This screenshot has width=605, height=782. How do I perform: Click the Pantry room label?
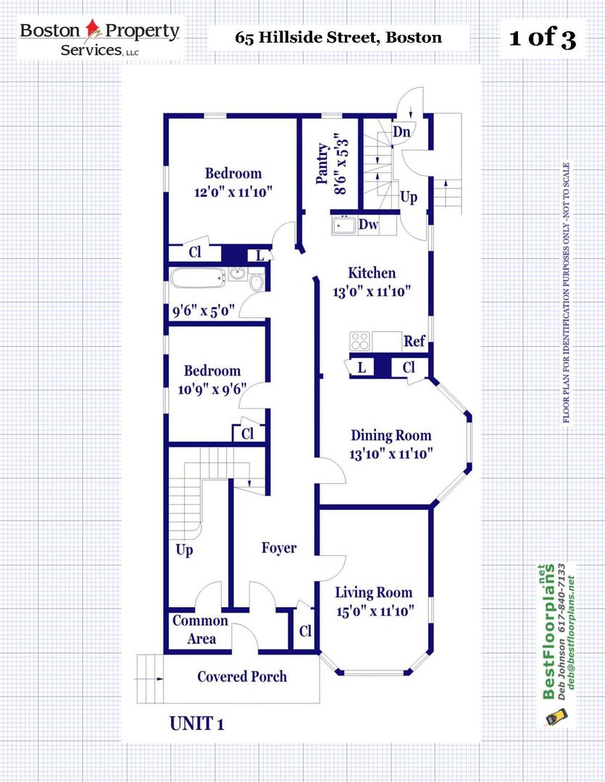click(323, 164)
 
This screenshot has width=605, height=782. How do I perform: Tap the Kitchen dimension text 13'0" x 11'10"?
click(372, 291)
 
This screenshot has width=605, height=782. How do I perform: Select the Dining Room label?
click(391, 435)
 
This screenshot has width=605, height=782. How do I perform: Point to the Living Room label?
click(374, 592)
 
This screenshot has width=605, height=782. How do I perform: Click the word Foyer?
click(279, 548)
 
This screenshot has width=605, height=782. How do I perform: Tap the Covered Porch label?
click(242, 676)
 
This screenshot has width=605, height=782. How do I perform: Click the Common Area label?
click(200, 629)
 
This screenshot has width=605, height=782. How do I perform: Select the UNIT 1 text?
click(196, 723)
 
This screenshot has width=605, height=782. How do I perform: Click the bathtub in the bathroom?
click(199, 278)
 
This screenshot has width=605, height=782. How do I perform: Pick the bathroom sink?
click(238, 274)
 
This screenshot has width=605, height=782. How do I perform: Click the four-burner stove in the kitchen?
click(360, 341)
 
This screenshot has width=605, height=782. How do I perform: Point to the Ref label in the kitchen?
click(414, 342)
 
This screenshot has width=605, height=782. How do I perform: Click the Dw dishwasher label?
click(368, 224)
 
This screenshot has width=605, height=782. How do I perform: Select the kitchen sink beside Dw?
click(343, 225)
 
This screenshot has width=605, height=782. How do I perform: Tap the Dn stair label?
click(402, 132)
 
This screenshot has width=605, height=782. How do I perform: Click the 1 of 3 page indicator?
click(543, 38)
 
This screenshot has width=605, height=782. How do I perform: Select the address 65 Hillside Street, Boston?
click(338, 38)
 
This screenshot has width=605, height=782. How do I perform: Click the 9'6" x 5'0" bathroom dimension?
click(203, 311)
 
